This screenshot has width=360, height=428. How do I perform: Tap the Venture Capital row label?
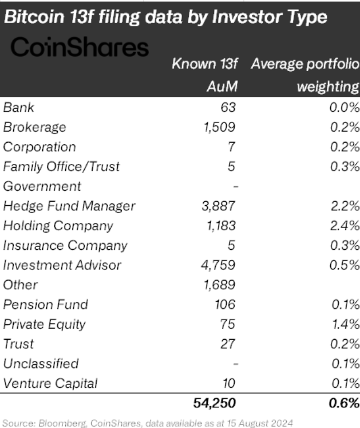[x=51, y=383]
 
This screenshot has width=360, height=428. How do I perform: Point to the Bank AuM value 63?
[x=228, y=107]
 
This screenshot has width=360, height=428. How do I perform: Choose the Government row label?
[x=42, y=186]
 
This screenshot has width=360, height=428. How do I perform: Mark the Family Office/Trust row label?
[x=61, y=166]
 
